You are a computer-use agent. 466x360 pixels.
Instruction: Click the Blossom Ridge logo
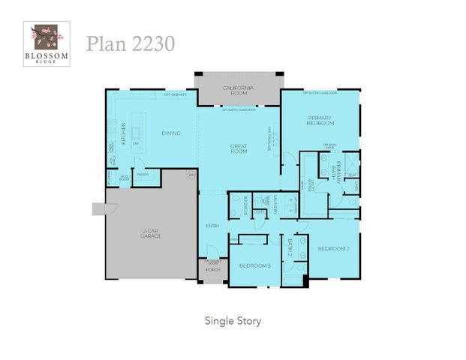pyautogui.click(x=50, y=44)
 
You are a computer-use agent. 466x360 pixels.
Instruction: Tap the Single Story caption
pyautogui.click(x=233, y=320)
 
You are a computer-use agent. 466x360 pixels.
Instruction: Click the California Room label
pyautogui.click(x=238, y=91)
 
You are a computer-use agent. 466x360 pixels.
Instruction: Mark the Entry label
pyautogui.click(x=212, y=226)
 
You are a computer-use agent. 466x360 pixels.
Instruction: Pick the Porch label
pyautogui.click(x=212, y=270)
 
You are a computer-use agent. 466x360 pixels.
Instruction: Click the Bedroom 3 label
pyautogui.click(x=254, y=265)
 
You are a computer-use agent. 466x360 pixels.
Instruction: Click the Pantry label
pyautogui.click(x=143, y=174)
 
